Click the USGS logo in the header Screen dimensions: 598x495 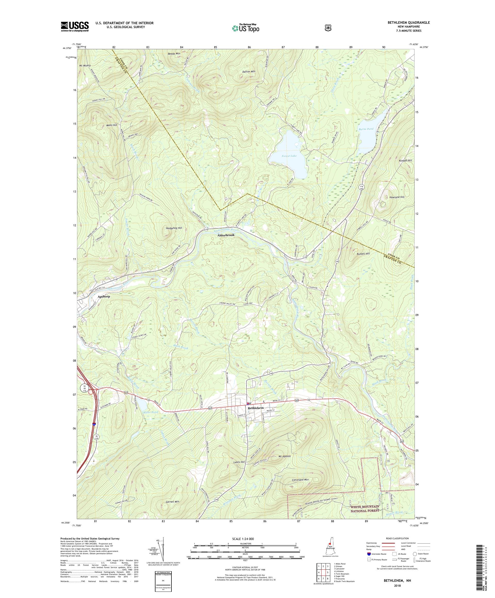coord(75,27)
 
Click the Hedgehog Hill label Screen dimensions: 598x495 coord(174,228)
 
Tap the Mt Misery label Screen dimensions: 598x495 coord(85,65)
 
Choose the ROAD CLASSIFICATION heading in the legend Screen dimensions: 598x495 coord(398,538)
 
